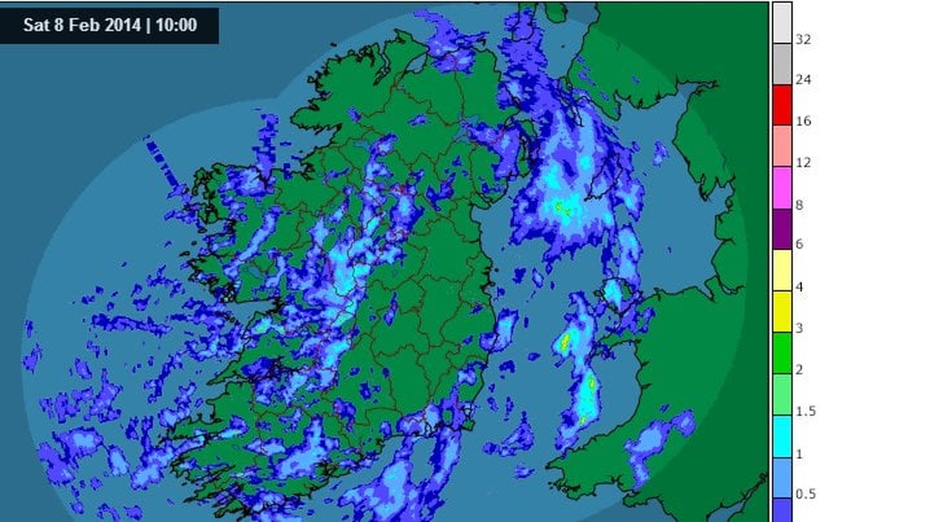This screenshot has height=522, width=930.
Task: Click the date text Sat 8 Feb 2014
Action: (x=81, y=25)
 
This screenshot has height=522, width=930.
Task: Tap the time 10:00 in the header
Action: (x=176, y=25)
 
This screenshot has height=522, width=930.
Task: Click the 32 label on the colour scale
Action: (x=804, y=39)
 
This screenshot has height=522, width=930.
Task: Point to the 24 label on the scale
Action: (x=804, y=81)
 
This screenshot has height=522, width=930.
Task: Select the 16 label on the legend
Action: (x=804, y=122)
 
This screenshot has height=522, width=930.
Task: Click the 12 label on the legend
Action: (x=804, y=163)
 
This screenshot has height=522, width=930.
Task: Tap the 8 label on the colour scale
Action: (x=800, y=204)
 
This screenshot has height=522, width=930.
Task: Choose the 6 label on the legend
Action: (x=800, y=246)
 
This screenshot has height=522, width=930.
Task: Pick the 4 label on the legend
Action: (x=800, y=287)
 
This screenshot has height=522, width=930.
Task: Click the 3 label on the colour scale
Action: (x=800, y=328)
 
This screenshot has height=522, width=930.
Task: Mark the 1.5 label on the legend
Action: (x=805, y=411)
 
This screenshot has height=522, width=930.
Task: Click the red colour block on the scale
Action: (x=782, y=105)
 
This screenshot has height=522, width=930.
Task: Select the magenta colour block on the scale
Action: (x=782, y=188)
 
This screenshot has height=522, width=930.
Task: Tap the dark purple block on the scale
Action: (x=782, y=229)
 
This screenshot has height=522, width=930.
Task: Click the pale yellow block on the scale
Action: (x=782, y=270)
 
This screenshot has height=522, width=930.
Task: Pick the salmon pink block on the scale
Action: (x=782, y=146)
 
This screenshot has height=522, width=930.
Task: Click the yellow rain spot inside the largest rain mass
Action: (x=560, y=206)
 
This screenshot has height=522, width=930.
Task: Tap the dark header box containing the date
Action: (x=109, y=25)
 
